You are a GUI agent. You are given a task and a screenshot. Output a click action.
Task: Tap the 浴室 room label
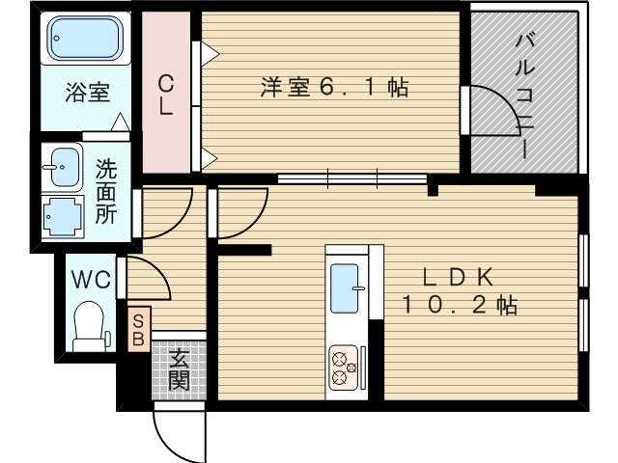coord(87,94)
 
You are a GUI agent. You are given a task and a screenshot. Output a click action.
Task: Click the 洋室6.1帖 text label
coord(333,87)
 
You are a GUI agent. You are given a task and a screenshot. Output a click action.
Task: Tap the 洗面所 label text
coord(106,191)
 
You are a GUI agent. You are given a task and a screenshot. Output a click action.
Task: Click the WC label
coord(91,281)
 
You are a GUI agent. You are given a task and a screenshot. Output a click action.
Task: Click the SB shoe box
coord(138,330)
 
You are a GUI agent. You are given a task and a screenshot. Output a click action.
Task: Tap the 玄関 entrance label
coord(180,370)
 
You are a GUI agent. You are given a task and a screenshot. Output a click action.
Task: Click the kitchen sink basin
coord(345,286)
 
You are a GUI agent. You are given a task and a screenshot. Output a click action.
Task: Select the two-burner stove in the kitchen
coord(343,365)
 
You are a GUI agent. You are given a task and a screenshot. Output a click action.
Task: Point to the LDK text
coord(459,276)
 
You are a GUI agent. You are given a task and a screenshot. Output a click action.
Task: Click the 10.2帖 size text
coord(459,307)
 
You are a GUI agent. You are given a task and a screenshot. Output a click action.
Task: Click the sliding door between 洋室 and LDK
coord(352,178)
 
